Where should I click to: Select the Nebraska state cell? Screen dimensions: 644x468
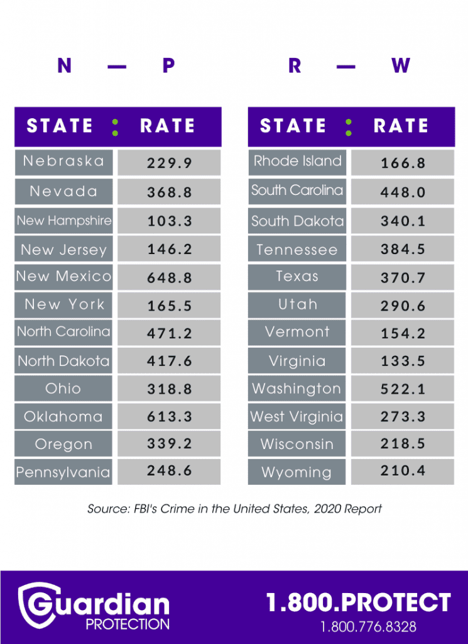click(x=63, y=162)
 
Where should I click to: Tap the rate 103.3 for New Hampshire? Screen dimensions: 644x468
click(x=169, y=221)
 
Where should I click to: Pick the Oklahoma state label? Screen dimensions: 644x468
click(x=63, y=417)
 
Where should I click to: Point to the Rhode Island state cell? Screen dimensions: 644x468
click(x=297, y=162)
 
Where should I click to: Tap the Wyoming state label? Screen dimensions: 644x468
click(x=297, y=472)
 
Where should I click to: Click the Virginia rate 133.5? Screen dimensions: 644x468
click(x=403, y=362)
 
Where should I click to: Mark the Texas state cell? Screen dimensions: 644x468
click(x=297, y=277)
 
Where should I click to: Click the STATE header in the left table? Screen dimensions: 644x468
click(x=60, y=126)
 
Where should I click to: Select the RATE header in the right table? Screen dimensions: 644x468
click(x=401, y=126)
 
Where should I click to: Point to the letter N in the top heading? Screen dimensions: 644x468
click(x=64, y=65)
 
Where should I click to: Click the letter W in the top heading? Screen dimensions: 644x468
click(x=401, y=65)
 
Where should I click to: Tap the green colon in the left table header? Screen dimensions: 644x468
click(x=114, y=126)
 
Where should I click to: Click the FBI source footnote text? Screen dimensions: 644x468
click(x=234, y=509)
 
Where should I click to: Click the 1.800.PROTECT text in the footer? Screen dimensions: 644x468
click(x=359, y=602)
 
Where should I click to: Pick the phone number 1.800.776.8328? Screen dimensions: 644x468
click(x=368, y=627)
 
